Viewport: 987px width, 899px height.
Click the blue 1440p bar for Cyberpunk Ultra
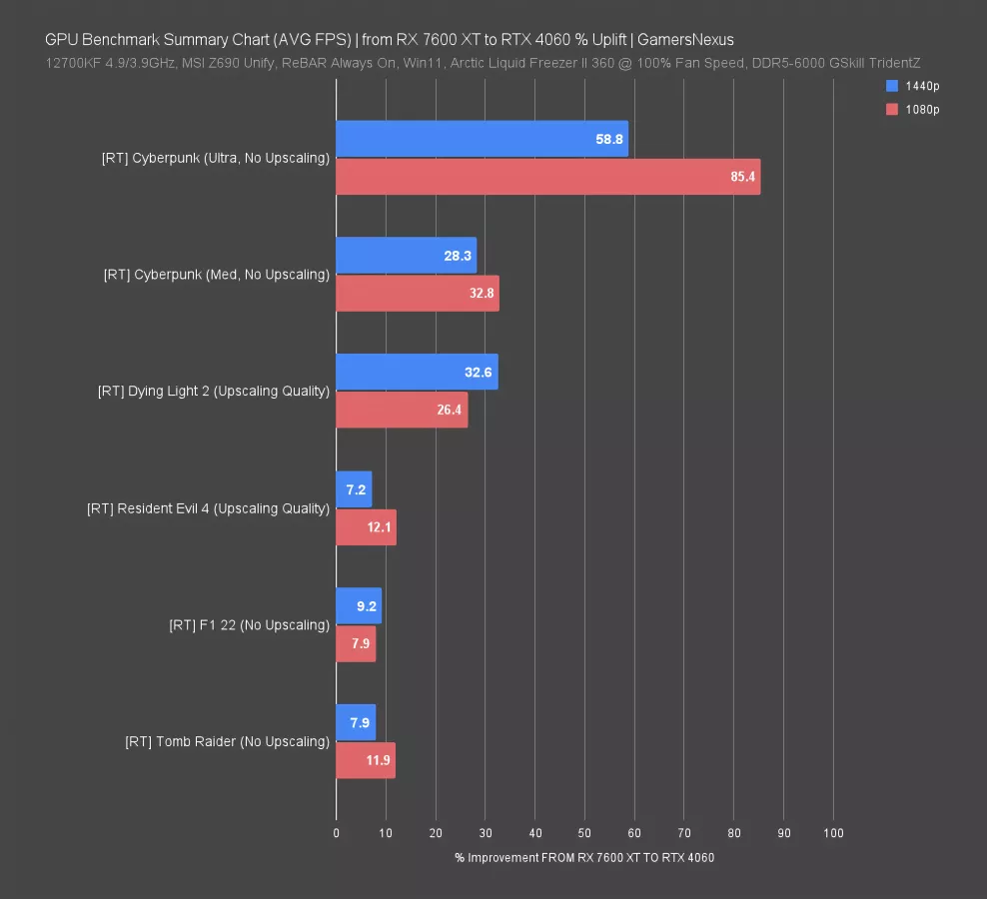[x=482, y=139]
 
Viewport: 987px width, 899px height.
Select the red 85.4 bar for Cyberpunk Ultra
[x=547, y=177]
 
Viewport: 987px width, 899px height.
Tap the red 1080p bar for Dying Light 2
[x=402, y=410]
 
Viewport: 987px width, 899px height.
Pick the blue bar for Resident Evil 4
[x=354, y=489]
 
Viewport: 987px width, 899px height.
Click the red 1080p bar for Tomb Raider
[x=366, y=760]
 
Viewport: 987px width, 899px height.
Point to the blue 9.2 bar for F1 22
[x=359, y=605]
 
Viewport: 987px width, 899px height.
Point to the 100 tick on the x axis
[x=833, y=833]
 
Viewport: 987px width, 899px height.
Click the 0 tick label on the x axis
[x=337, y=833]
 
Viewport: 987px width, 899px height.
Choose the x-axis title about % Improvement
[x=584, y=858]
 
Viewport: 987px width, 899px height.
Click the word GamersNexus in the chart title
[x=685, y=40]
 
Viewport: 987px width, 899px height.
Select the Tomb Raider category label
[x=227, y=741]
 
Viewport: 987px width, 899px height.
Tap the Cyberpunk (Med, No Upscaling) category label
[x=216, y=274]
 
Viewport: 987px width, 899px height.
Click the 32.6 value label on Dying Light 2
[x=479, y=372]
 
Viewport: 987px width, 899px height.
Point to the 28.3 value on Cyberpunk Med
[x=458, y=256]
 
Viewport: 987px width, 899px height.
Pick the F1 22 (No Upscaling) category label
[x=249, y=625]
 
